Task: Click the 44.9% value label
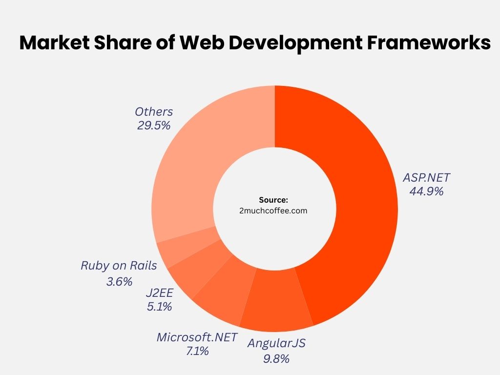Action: (427, 191)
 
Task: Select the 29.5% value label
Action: (154, 125)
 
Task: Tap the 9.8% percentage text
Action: (276, 358)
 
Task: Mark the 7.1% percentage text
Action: (197, 351)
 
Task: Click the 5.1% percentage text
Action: (159, 307)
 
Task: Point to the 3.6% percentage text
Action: (119, 282)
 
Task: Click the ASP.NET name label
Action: (426, 177)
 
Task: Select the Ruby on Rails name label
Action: (119, 266)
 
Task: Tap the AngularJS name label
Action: (276, 343)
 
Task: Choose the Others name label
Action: (154, 112)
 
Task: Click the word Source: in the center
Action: (274, 200)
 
